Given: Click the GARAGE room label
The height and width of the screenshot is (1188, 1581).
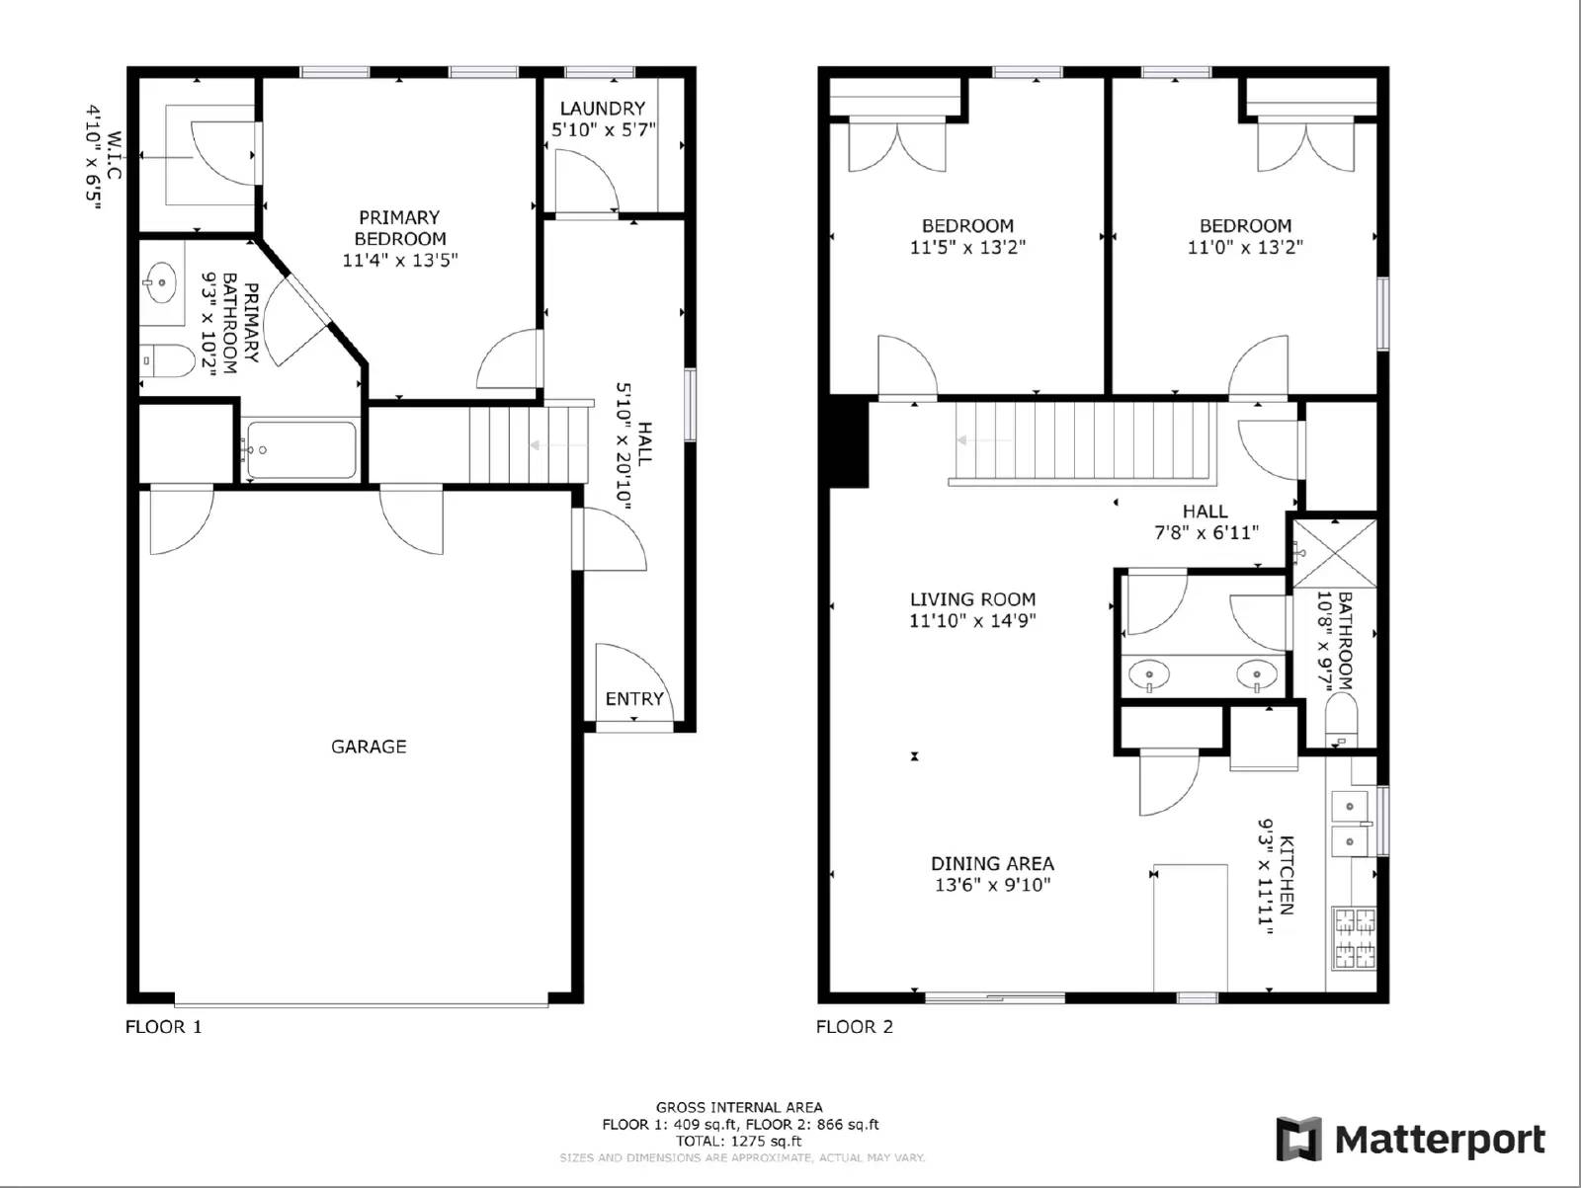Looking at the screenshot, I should click(369, 747).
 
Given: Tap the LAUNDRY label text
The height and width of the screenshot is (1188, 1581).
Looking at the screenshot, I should click(602, 108).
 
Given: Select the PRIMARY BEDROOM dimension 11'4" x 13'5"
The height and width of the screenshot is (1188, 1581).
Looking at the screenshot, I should click(400, 261).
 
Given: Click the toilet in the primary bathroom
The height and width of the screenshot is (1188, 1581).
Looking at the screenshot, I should click(168, 361).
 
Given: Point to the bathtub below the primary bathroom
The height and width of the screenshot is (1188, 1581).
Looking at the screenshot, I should click(300, 450).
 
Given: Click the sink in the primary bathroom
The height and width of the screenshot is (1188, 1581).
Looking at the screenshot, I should click(159, 282).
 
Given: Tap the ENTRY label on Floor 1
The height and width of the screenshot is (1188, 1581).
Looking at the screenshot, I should click(634, 699).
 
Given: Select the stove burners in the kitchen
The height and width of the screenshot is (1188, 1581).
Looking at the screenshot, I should click(1355, 938).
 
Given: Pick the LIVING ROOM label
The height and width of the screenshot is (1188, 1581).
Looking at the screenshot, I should click(972, 598).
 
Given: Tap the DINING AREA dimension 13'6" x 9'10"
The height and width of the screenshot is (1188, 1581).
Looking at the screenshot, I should click(992, 885).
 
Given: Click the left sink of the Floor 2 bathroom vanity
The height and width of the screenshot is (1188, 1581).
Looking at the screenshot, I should click(1150, 675).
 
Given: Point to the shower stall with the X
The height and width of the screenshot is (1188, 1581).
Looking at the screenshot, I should click(1335, 554).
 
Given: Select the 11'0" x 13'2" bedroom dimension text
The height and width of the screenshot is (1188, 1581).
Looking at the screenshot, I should click(1245, 247).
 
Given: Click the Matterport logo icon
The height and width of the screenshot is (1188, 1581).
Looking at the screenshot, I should click(1298, 1139).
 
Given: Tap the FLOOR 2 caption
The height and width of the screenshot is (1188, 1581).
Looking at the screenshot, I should click(854, 1027).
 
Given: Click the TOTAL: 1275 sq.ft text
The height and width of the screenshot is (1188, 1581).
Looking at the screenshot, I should click(739, 1141).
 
